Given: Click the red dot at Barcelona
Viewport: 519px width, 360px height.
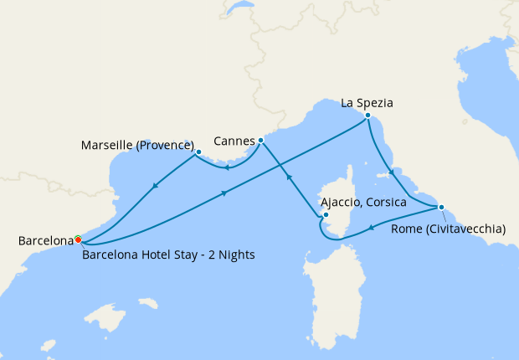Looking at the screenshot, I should click(x=78, y=239).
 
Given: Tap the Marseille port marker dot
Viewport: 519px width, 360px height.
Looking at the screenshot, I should click(x=198, y=152).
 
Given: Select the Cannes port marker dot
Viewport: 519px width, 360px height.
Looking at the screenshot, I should click(x=261, y=140).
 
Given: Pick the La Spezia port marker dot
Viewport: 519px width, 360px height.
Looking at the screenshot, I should click(x=367, y=115).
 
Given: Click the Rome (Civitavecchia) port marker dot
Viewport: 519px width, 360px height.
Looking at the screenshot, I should click(x=441, y=207).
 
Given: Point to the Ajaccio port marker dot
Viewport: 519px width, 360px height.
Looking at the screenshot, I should click(x=326, y=215).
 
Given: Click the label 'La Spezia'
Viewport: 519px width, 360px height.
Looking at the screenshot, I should click(x=367, y=103).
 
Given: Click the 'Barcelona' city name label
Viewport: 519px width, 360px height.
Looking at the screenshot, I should click(x=45, y=241).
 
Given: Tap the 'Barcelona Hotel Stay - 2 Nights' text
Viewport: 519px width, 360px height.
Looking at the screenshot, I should click(x=168, y=255).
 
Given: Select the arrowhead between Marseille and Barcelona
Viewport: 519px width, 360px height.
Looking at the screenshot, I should click(x=155, y=187).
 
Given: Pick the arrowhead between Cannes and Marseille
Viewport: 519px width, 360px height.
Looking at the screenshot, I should click(x=227, y=166).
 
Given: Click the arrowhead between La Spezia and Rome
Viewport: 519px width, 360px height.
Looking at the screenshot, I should click(x=390, y=174).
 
